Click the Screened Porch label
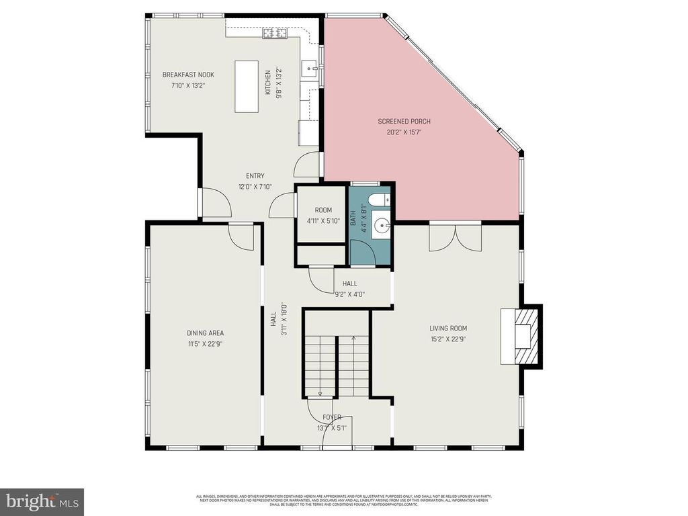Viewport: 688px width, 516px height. [x=403, y=122]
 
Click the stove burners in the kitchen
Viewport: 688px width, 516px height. [x=275, y=32]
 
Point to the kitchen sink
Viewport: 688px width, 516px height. [x=310, y=67]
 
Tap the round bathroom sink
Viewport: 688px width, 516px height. [x=381, y=225]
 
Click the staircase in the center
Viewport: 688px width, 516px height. [x=336, y=363]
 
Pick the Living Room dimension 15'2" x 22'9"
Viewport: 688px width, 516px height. [x=448, y=339]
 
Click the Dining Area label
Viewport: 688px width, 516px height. [x=205, y=333]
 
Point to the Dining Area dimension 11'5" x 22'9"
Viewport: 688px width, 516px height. [x=205, y=343]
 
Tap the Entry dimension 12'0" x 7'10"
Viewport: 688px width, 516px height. [x=255, y=187]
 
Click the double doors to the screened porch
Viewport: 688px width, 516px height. [x=455, y=236]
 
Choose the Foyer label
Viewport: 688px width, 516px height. [x=332, y=417]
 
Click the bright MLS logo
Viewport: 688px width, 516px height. [x=42, y=501]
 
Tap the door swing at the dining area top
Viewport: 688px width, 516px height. [x=241, y=235]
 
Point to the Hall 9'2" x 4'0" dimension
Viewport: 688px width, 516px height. [x=349, y=294]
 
